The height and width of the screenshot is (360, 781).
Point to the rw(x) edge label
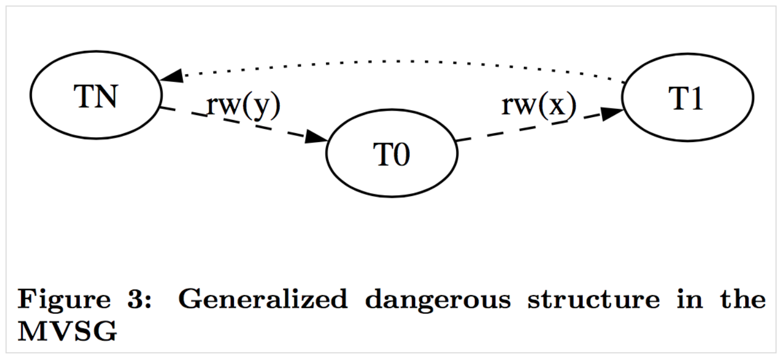point(539,105)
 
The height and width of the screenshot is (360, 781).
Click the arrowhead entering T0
point(316,137)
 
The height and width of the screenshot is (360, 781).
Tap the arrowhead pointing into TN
point(171,77)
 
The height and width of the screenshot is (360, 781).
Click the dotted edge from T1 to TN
point(397,62)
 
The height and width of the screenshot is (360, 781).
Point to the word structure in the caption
point(592,300)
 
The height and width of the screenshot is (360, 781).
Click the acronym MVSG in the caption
point(67,332)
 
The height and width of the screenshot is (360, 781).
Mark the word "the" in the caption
point(745,300)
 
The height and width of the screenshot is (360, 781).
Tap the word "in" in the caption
point(691,300)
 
